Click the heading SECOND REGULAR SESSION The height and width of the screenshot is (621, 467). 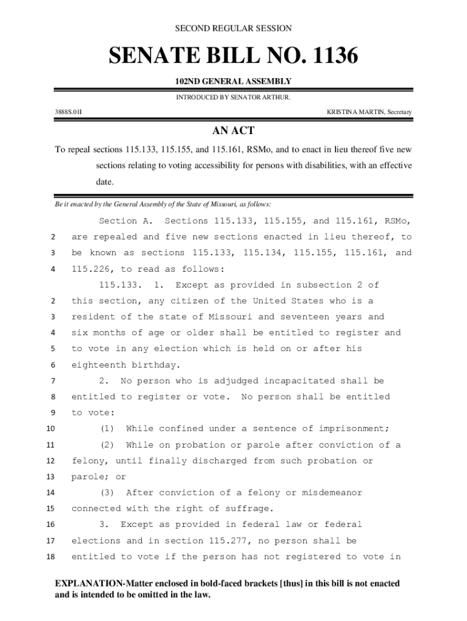(x=233, y=29)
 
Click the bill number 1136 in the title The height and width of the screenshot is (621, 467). (x=332, y=57)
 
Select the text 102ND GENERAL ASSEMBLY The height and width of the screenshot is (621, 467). (x=233, y=81)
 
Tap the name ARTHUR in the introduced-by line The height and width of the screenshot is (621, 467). (x=276, y=97)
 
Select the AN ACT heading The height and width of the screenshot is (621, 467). (x=233, y=131)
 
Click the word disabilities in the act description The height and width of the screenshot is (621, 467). (x=323, y=166)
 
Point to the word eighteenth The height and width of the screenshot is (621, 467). (x=98, y=365)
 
